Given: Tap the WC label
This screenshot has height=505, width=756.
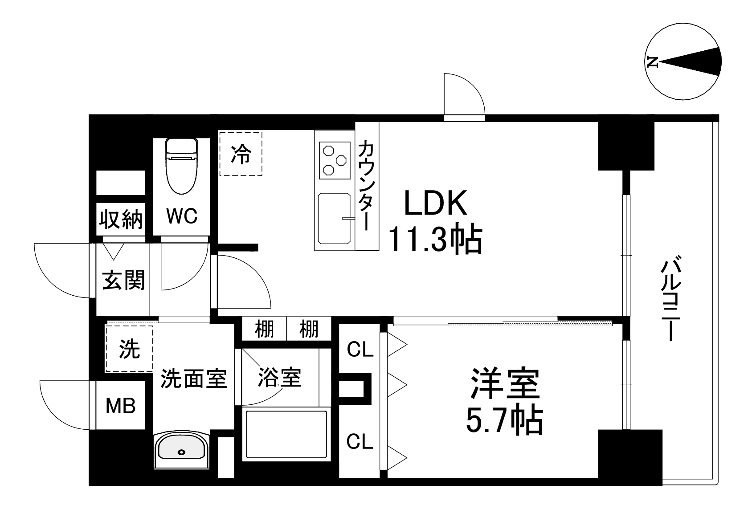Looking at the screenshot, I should tap(182, 216).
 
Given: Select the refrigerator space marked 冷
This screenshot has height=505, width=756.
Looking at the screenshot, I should tap(241, 154).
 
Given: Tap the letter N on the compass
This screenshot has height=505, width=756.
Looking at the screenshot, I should tap(653, 62).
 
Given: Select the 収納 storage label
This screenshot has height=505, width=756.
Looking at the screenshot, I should tap(121, 219).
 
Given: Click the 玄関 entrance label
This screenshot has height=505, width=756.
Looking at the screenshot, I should tap(123, 281).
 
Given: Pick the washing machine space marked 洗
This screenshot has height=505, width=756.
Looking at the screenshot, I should tap(129, 349).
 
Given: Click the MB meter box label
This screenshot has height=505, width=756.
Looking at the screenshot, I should tap(120, 406).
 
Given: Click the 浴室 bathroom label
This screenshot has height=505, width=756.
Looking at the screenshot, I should tap(280, 378).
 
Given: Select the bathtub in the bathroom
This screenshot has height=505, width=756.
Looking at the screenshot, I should tap(286, 435).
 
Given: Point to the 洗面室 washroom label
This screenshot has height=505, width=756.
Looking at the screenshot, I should tap(194, 379).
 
